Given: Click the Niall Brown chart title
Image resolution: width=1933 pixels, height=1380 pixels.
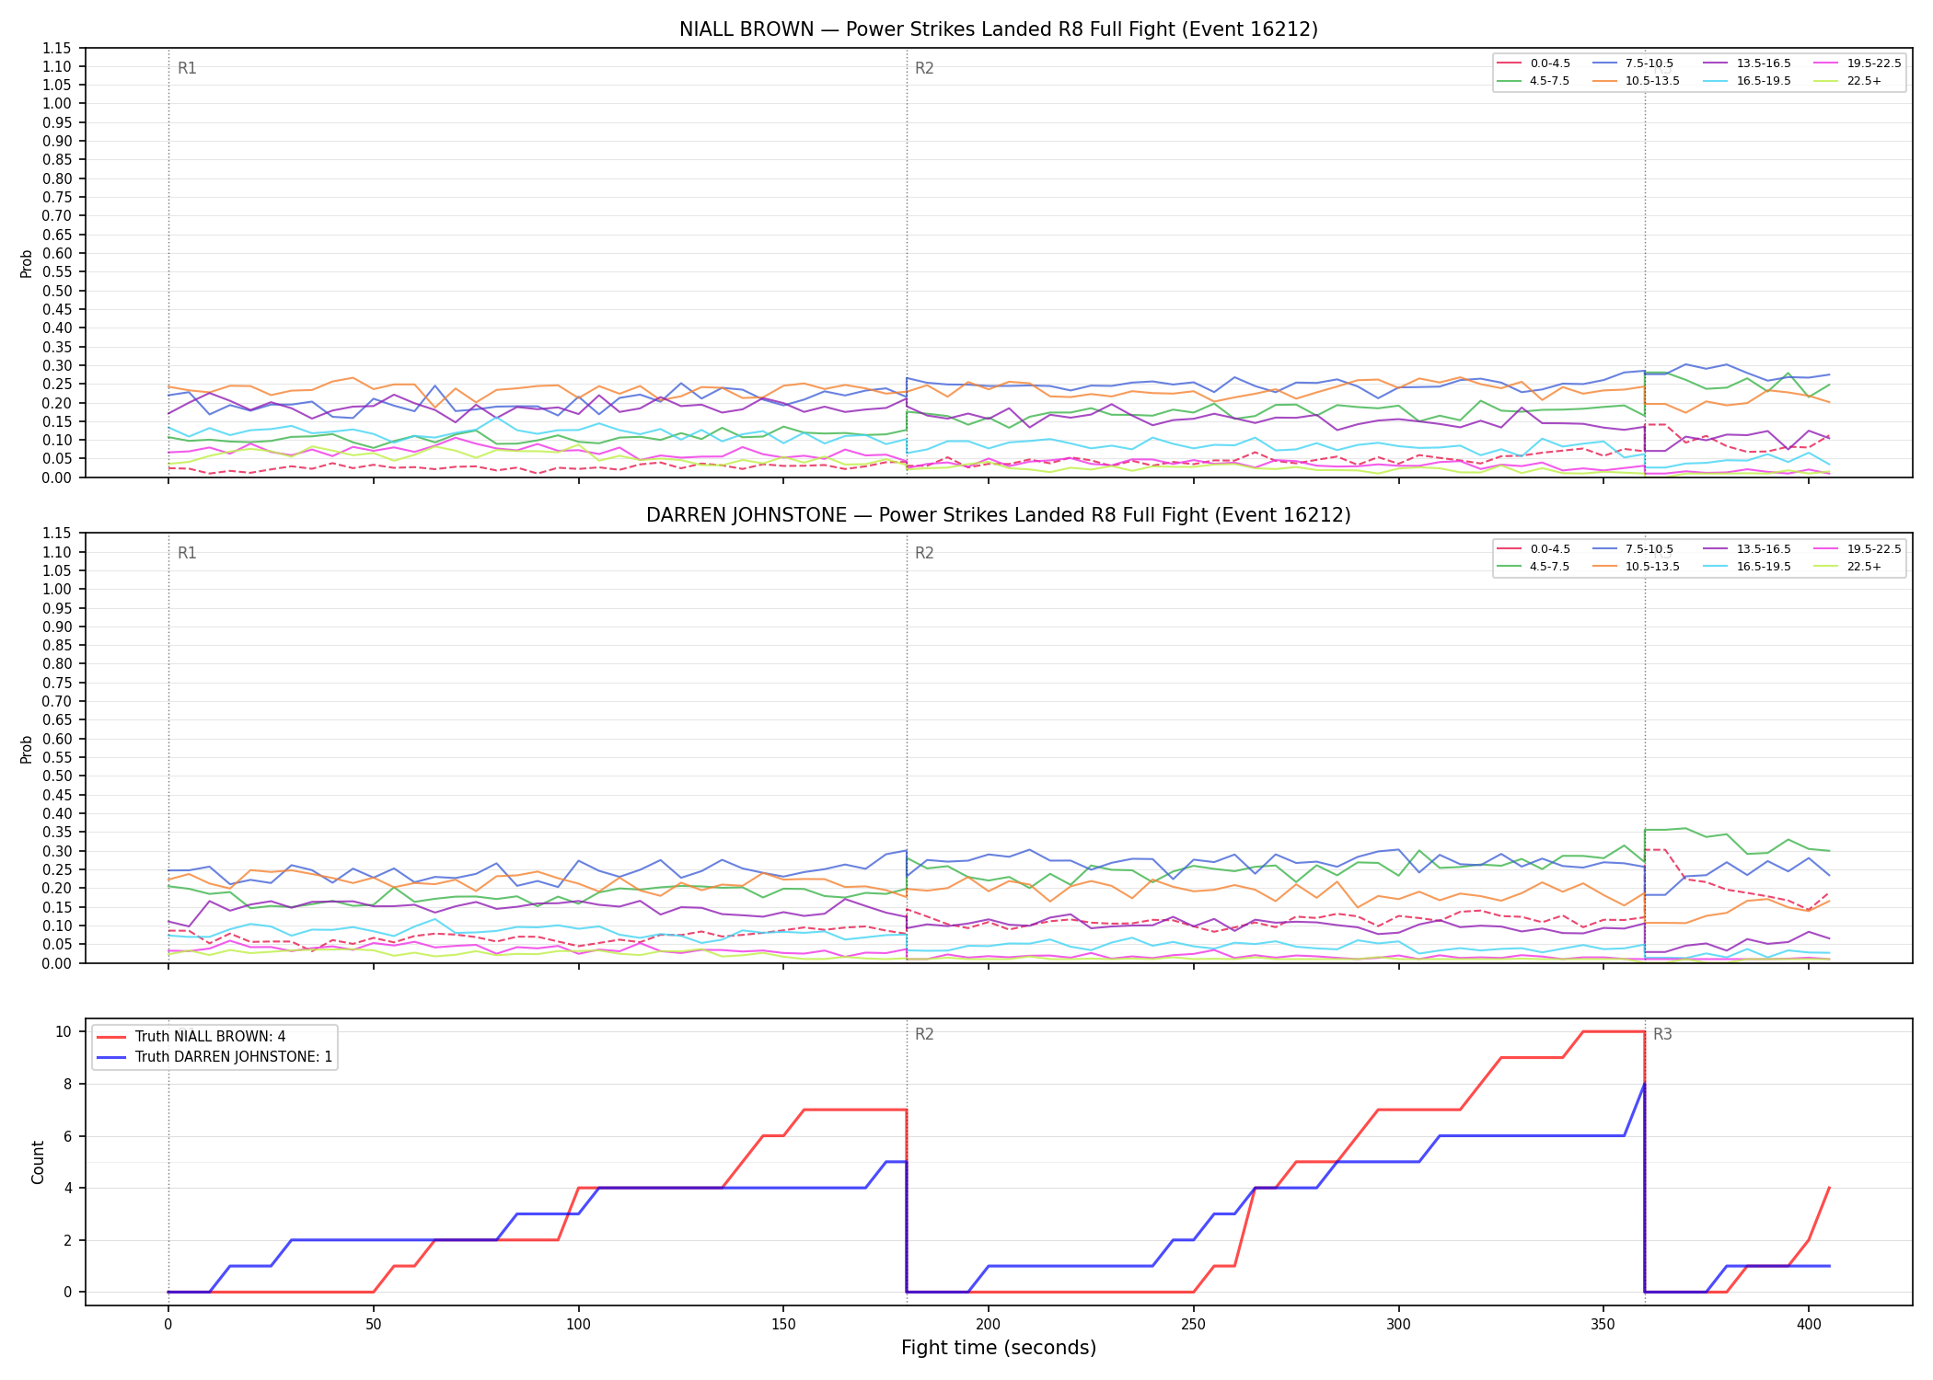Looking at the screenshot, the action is [998, 29].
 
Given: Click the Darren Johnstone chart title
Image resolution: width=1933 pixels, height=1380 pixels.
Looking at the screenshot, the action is [998, 515].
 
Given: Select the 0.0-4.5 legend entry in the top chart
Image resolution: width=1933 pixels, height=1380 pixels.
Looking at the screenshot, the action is [1534, 63].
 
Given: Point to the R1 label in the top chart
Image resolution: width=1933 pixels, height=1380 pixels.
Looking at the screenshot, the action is [187, 68].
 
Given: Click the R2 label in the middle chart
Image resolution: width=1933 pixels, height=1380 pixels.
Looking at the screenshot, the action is [924, 553].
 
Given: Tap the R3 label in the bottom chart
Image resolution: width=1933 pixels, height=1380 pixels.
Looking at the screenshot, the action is [1662, 1034].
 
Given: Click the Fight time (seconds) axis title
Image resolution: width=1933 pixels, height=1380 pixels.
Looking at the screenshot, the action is [999, 1348].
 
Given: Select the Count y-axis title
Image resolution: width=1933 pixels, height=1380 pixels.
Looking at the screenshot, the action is [38, 1162].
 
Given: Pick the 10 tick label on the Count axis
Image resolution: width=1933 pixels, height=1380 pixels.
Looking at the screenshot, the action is [64, 1031].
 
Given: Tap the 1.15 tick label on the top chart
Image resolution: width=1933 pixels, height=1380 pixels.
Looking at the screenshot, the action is [57, 48].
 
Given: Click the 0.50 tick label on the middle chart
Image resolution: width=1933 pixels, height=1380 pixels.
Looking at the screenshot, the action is [57, 776].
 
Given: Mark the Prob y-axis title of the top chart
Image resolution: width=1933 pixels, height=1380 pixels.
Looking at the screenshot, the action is [27, 263].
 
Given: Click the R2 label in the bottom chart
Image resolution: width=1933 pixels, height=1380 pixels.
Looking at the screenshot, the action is [924, 1034].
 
